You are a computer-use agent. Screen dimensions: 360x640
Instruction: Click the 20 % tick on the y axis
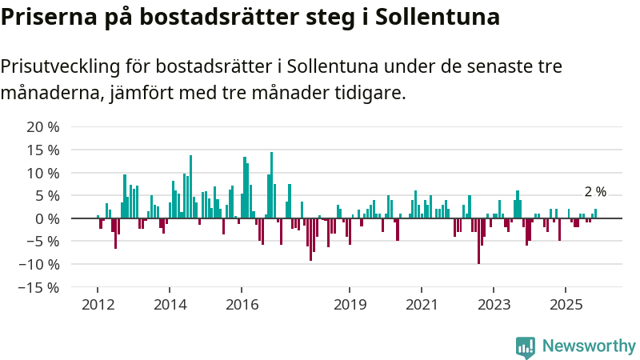pyautogui.click(x=43, y=127)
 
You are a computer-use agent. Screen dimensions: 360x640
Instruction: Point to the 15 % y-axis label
pyautogui.click(x=43, y=150)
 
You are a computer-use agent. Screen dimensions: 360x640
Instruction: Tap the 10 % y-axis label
pyautogui.click(x=43, y=173)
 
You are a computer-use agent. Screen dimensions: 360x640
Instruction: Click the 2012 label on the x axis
pyautogui.click(x=98, y=304)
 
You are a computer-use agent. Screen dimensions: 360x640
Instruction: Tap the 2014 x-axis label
pyautogui.click(x=170, y=304)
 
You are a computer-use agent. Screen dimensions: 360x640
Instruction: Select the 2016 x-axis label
pyautogui.click(x=242, y=304)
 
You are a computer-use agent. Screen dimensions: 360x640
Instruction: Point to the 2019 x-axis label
pyautogui.click(x=350, y=304)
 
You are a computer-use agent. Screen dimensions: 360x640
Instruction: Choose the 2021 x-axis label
pyautogui.click(x=422, y=304)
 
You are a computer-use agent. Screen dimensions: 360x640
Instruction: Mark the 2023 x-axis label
pyautogui.click(x=494, y=304)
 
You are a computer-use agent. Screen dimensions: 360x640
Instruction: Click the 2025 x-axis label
pyautogui.click(x=566, y=304)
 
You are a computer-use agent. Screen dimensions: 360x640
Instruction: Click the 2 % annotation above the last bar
pyautogui.click(x=595, y=192)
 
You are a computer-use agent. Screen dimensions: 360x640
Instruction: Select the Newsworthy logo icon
pyautogui.click(x=526, y=346)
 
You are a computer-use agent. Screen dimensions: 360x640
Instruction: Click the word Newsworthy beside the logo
pyautogui.click(x=589, y=346)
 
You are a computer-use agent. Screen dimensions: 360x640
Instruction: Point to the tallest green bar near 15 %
pyautogui.click(x=272, y=184)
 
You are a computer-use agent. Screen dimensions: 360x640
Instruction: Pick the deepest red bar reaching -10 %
pyautogui.click(x=478, y=240)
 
